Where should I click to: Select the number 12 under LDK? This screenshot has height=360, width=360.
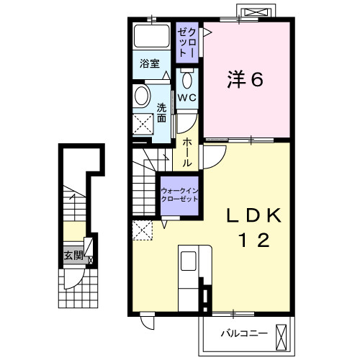[x=251, y=240]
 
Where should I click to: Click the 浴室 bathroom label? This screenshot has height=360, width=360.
[x=148, y=63]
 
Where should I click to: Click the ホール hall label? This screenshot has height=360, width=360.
[x=186, y=152]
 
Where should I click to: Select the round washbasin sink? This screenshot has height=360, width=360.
[x=141, y=96]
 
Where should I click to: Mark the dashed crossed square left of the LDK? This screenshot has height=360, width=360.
[x=142, y=230]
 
